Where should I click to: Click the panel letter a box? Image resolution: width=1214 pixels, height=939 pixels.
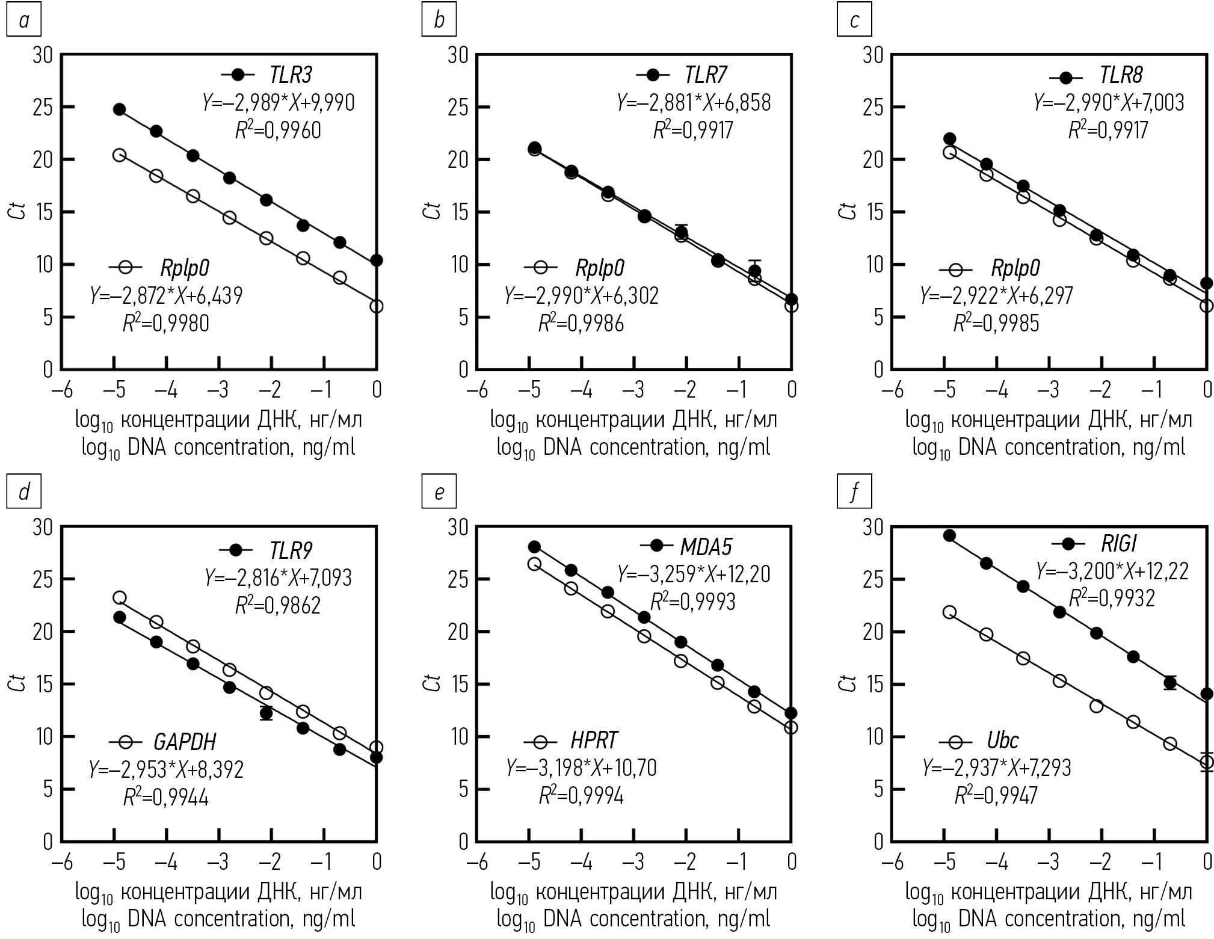(23, 21)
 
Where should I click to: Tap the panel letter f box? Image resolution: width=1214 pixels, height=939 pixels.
(854, 493)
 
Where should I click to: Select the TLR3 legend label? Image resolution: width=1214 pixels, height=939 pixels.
(291, 75)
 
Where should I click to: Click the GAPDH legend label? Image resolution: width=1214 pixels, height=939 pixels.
(184, 742)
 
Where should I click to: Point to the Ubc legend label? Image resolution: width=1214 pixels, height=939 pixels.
(1002, 740)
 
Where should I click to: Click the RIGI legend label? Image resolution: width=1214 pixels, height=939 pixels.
(1118, 544)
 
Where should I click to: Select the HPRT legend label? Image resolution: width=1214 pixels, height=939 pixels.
(594, 740)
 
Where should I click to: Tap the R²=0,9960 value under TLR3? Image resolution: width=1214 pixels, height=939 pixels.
(278, 130)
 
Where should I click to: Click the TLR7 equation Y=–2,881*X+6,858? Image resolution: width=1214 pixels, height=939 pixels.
(694, 103)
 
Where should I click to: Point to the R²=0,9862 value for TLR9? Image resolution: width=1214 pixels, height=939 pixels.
(278, 605)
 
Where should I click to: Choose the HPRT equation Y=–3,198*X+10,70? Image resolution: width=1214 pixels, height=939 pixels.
(581, 768)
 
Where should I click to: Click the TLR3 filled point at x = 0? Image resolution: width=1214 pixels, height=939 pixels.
(377, 260)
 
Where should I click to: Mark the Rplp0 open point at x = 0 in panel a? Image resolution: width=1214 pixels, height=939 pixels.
(377, 306)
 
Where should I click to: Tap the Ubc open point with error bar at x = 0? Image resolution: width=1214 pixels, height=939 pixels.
(1206, 763)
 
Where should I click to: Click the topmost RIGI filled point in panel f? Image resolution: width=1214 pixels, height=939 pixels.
(949, 536)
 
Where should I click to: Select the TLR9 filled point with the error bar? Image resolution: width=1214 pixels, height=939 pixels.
(266, 713)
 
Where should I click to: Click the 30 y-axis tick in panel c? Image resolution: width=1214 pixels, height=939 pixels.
(876, 55)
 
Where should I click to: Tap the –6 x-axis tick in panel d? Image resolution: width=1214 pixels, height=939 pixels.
(61, 862)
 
